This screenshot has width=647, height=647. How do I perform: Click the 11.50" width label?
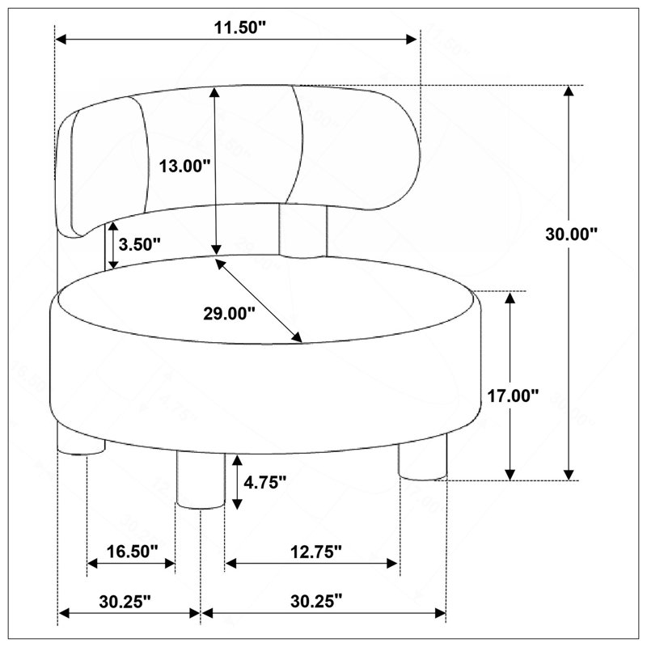pos(240,27)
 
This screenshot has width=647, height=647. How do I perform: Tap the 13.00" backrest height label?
pos(185,167)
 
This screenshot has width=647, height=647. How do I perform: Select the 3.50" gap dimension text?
pos(139,244)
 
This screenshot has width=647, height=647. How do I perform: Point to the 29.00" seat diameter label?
pos(229,314)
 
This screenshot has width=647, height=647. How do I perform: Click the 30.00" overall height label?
pos(572,234)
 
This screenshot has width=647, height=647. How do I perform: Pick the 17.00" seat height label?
pos(514,395)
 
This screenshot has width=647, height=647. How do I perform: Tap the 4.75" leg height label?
pos(265,482)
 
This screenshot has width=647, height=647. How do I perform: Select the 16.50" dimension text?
pos(133,552)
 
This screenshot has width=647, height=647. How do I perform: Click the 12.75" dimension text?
pos(316,552)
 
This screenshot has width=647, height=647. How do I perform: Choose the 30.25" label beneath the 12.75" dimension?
pos(316,601)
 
